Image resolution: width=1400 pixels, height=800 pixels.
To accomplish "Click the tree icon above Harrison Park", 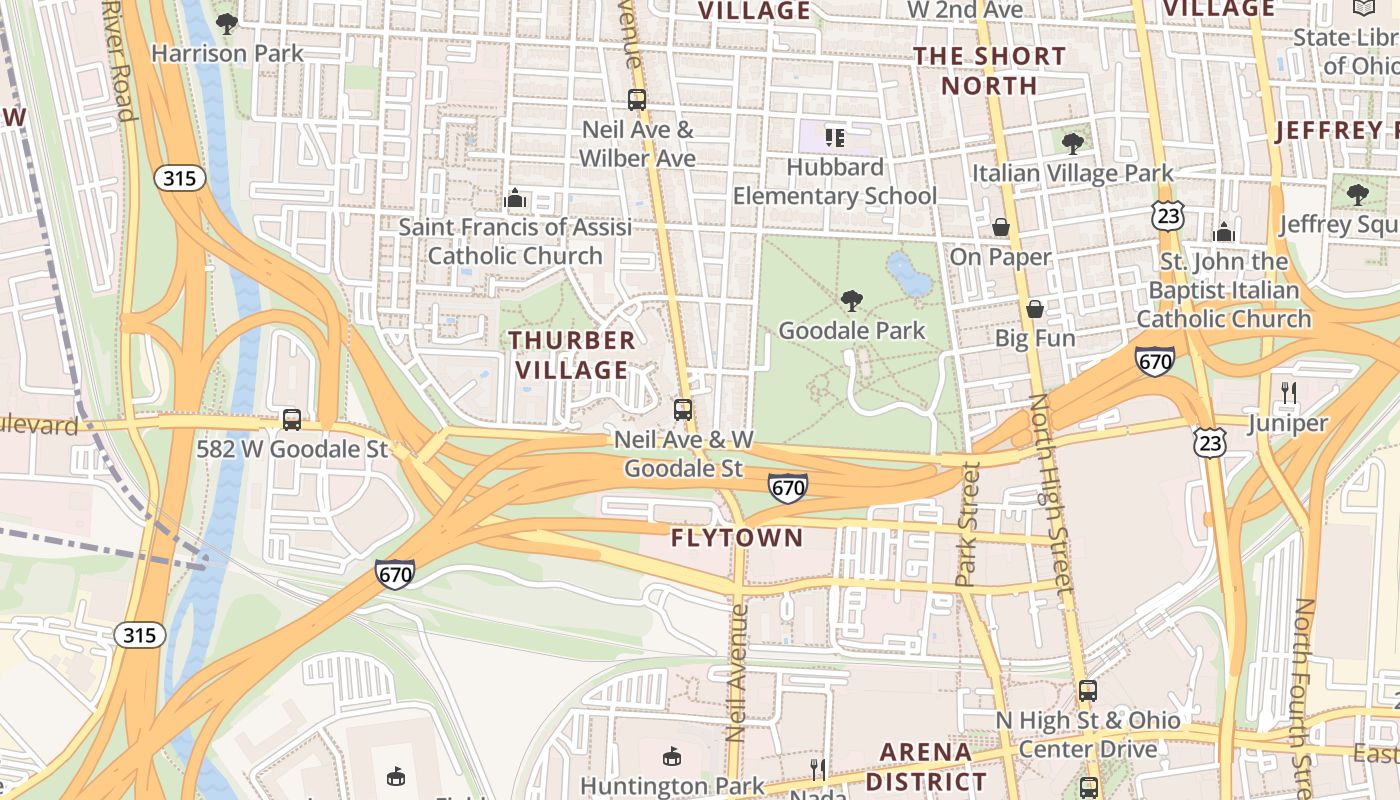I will point(227,22).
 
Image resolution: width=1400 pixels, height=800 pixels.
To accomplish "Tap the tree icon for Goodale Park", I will point(852,300).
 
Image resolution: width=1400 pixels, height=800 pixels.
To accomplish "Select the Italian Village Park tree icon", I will point(1073,144).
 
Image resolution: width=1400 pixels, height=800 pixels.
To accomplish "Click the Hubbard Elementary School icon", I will point(835,137).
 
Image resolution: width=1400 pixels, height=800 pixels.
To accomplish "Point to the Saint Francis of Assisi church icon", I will point(515,198).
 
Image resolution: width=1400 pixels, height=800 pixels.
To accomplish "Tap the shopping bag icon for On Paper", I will point(1000,228).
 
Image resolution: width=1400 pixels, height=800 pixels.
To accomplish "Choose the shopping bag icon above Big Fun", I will point(1035,308).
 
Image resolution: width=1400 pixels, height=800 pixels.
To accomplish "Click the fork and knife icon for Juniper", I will point(1289,393).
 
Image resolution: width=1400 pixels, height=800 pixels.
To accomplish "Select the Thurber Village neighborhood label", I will point(572,355).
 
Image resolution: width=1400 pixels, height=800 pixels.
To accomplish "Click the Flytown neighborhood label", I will point(737,538).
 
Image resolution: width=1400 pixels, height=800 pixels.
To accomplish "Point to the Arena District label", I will point(925,766).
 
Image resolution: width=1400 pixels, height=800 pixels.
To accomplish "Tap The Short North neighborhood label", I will point(989,70).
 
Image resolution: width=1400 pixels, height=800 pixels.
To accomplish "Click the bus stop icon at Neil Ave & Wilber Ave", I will point(637,100).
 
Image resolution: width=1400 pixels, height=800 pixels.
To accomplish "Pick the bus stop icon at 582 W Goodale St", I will point(292,420).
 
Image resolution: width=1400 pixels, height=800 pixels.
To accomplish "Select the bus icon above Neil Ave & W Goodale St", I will point(683,410).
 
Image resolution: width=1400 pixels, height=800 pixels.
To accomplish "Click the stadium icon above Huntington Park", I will point(672,756).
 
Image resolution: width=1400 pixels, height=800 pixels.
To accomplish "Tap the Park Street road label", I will point(967,523).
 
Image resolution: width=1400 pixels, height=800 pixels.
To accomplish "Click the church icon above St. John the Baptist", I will point(1224,233).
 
